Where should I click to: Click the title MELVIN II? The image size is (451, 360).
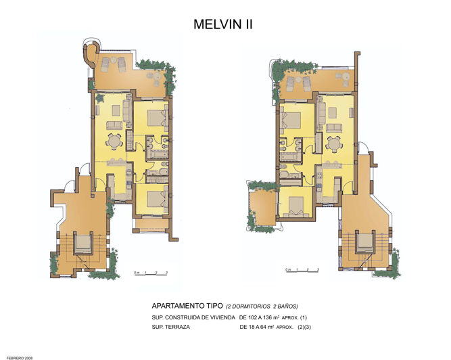223,25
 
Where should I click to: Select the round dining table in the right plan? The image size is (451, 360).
333,144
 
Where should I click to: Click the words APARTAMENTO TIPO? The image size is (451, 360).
187,306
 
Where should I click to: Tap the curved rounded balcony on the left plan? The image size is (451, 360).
90,53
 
